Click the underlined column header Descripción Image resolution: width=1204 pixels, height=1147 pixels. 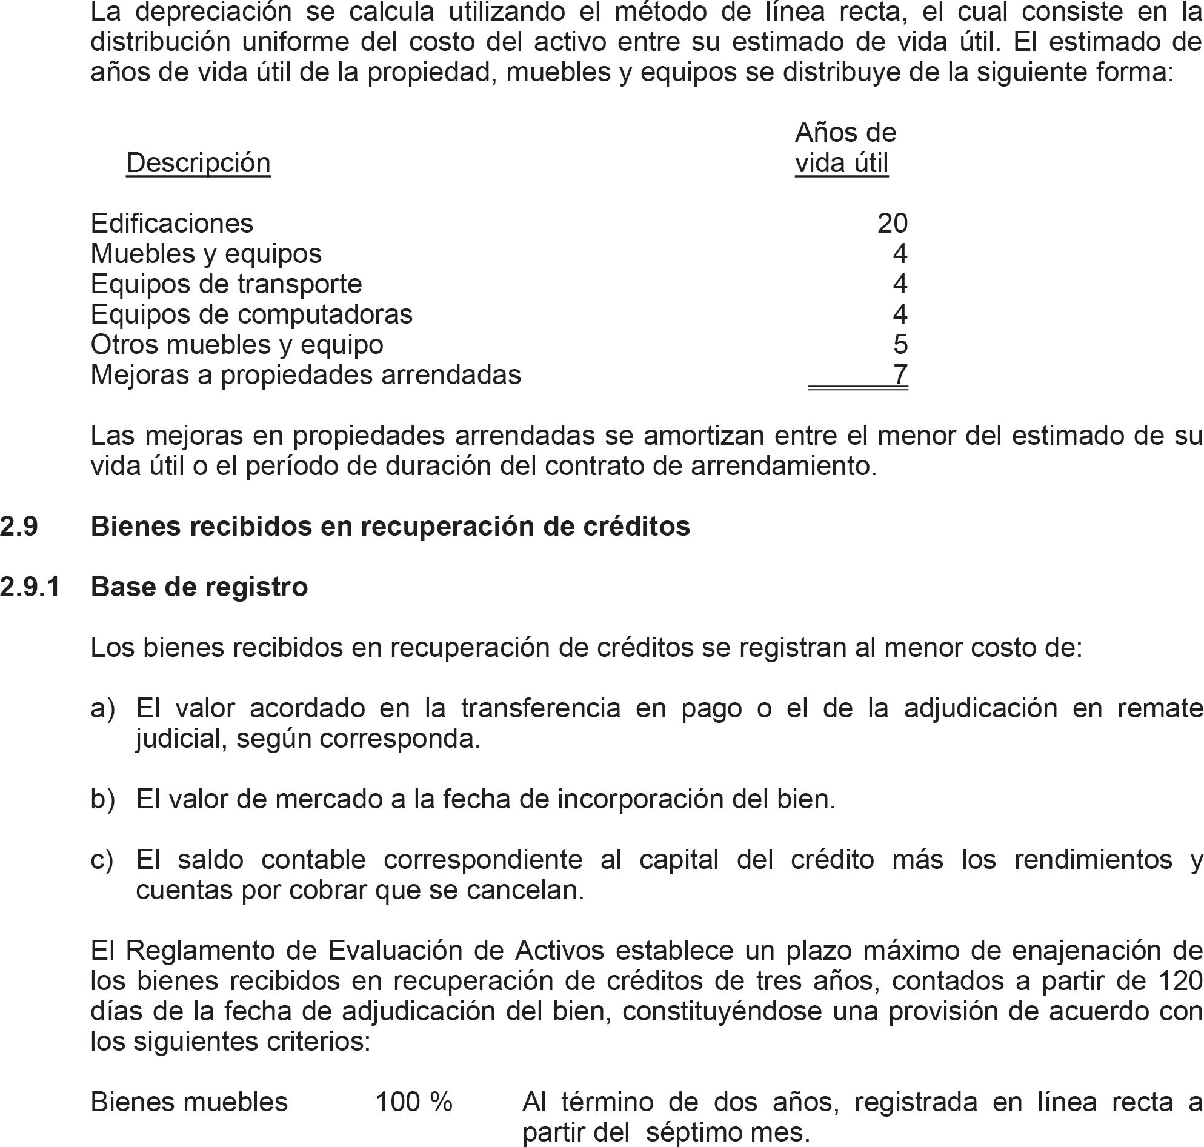pyautogui.click(x=198, y=162)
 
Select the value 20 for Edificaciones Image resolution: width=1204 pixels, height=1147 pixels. pyautogui.click(x=892, y=223)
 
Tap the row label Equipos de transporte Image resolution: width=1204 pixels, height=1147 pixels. pyautogui.click(x=226, y=284)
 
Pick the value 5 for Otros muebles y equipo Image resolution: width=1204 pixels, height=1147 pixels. pyautogui.click(x=900, y=344)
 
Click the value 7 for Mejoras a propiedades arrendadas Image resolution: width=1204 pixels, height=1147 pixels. pyautogui.click(x=900, y=374)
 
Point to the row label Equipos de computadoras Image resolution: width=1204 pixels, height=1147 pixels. pyautogui.click(x=251, y=314)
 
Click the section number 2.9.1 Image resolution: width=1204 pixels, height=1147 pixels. pyautogui.click(x=30, y=587)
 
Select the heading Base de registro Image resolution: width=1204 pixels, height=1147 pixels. pyautogui.click(x=199, y=587)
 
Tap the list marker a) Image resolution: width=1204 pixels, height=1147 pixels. pyautogui.click(x=103, y=708)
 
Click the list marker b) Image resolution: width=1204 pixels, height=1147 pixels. pyautogui.click(x=103, y=799)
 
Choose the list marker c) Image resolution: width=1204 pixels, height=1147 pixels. pyautogui.click(x=102, y=860)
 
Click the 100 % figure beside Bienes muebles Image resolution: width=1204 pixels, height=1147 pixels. pyautogui.click(x=414, y=1102)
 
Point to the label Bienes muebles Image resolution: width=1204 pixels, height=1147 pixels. pyautogui.click(x=189, y=1102)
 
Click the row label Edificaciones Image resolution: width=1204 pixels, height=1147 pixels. pyautogui.click(x=172, y=223)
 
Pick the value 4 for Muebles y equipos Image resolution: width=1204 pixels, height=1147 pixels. pyautogui.click(x=900, y=253)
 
